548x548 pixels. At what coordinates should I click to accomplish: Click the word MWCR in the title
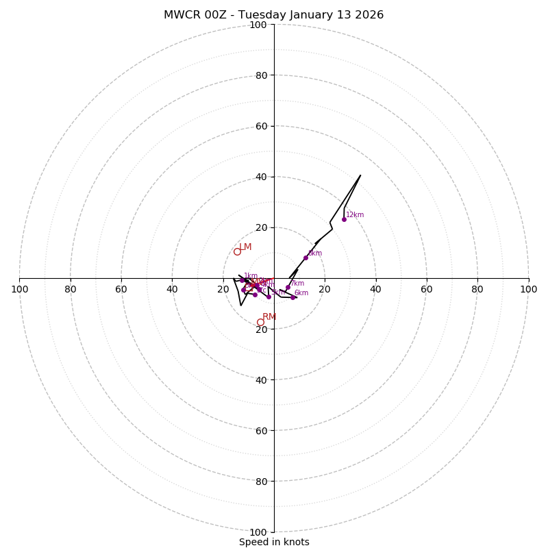coord(180,15)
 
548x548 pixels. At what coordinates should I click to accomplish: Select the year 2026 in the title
coord(368,15)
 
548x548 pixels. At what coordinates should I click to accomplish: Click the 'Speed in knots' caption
coord(274,542)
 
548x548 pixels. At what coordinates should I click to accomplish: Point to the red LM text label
coord(245,247)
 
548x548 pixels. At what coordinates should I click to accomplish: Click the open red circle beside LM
coord(237,251)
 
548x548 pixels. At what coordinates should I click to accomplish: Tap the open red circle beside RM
coord(260,322)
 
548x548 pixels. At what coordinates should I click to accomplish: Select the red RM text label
coord(269,317)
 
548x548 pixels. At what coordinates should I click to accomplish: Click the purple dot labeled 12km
coord(344,219)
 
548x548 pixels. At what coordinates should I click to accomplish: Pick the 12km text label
coord(355,215)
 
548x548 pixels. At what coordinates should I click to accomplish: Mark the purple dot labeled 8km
coord(306,258)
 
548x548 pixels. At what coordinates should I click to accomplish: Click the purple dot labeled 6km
coord(292,297)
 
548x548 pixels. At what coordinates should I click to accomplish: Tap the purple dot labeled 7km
coord(288,288)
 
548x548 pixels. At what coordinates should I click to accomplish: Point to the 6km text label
coord(301,293)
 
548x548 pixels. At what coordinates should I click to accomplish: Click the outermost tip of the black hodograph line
coord(360,175)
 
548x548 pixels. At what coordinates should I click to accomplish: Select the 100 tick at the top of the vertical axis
coord(258,25)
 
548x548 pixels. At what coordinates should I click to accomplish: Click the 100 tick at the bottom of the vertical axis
coord(258,532)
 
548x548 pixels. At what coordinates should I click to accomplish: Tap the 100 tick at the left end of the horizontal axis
coord(20,289)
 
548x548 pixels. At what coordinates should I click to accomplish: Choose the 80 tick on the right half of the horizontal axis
coord(477,289)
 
